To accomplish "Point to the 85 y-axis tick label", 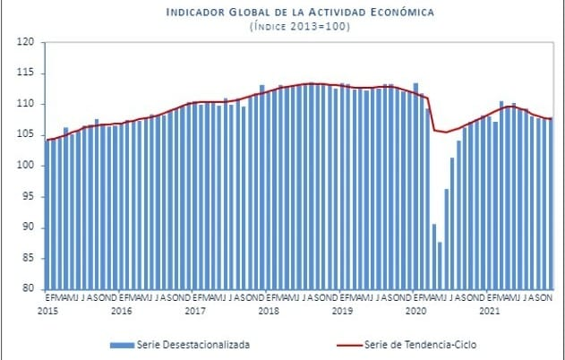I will pos(27,258).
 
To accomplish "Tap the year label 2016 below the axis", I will pos(121,311).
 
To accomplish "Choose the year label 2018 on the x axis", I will pos(268,311).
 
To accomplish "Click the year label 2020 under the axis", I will pos(415,311).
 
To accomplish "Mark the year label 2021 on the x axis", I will pos(489,311).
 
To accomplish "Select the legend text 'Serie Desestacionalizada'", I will pos(193,344).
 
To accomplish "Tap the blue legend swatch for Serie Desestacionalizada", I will pos(121,344).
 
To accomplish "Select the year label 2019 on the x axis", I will pos(342,311).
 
